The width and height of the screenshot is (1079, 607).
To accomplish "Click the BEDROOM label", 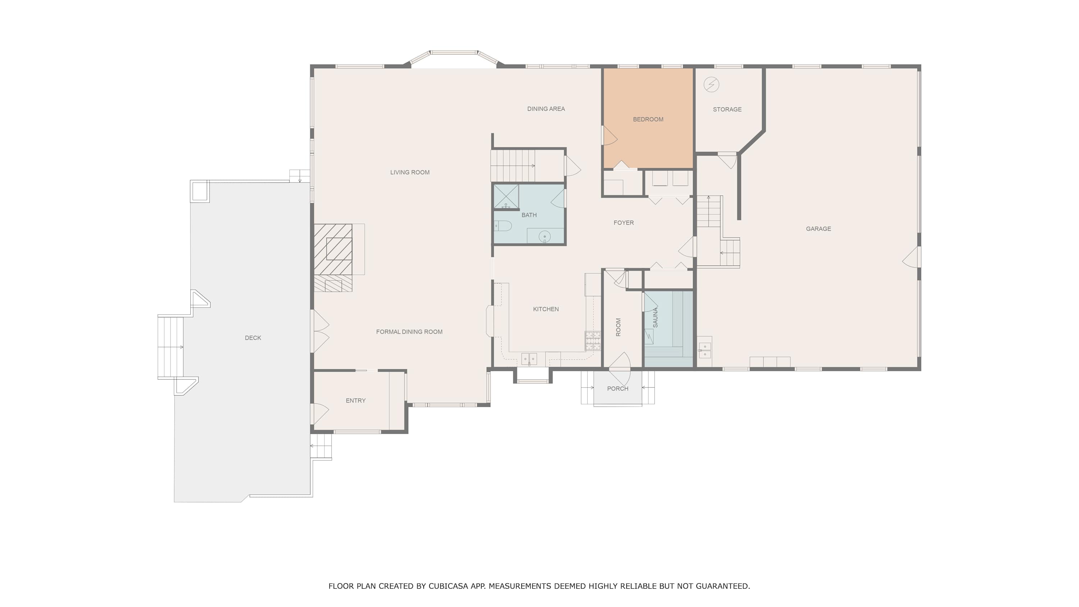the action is pyautogui.click(x=648, y=119).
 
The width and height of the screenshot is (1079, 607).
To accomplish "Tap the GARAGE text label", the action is pyautogui.click(x=819, y=229).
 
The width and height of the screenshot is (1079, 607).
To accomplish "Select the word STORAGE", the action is pyautogui.click(x=727, y=109).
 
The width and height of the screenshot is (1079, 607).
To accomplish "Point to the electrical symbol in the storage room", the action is pyautogui.click(x=711, y=85).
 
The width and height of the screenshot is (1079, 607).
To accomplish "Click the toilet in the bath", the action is pyautogui.click(x=503, y=226).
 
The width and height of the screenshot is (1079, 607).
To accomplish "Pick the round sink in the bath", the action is pyautogui.click(x=545, y=237).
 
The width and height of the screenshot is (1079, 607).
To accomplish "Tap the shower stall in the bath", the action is pyautogui.click(x=506, y=196).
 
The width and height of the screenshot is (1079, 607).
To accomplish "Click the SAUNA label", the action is pyautogui.click(x=656, y=318).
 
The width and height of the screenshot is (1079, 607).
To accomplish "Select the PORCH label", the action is pyautogui.click(x=618, y=389).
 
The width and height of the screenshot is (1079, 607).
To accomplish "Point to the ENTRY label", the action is pyautogui.click(x=356, y=401).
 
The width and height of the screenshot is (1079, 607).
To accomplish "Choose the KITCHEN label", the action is pyautogui.click(x=546, y=309).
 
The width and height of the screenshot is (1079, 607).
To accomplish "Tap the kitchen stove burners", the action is pyautogui.click(x=593, y=341).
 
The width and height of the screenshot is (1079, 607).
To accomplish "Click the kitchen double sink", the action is pyautogui.click(x=529, y=359).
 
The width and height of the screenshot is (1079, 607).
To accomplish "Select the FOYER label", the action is pyautogui.click(x=624, y=223).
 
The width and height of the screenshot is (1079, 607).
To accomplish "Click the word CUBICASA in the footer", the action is pyautogui.click(x=445, y=586).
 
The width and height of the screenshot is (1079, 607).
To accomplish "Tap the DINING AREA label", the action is pyautogui.click(x=546, y=109).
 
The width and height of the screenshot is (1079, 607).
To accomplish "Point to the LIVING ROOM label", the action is pyautogui.click(x=410, y=172).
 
